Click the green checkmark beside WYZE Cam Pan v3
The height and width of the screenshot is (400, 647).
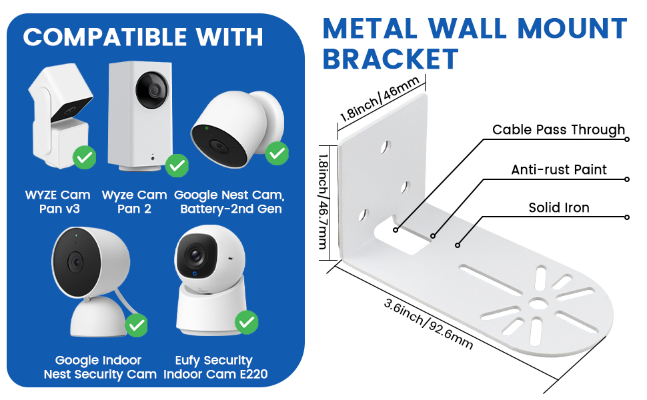pyautogui.click(x=85, y=157)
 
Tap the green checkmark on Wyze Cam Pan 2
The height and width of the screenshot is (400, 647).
pyautogui.click(x=177, y=165)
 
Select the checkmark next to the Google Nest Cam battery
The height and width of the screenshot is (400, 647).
pyautogui.click(x=277, y=153)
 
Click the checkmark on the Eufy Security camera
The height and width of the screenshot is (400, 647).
pyautogui.click(x=247, y=322)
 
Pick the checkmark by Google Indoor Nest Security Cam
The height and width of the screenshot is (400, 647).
pyautogui.click(x=136, y=325)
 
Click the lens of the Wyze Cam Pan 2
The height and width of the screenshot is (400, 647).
pyautogui.click(x=153, y=90)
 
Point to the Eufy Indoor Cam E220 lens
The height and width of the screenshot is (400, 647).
pyautogui.click(x=195, y=256)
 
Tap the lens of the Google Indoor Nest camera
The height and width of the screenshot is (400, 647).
pyautogui.click(x=75, y=262)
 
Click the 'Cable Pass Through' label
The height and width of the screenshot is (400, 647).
pyautogui.click(x=559, y=130)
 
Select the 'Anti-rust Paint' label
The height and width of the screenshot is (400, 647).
pyautogui.click(x=559, y=169)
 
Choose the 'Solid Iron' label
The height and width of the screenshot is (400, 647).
pyautogui.click(x=559, y=207)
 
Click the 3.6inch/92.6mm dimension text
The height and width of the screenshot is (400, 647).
pyautogui.click(x=428, y=324)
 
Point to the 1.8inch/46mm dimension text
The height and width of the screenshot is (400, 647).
pyautogui.click(x=380, y=99)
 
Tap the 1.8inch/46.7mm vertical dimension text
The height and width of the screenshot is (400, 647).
pyautogui.click(x=323, y=201)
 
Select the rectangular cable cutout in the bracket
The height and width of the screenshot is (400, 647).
pyautogui.click(x=402, y=234)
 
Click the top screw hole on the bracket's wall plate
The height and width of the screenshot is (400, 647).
pyautogui.click(x=386, y=147)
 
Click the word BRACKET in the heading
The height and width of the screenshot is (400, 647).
pyautogui.click(x=390, y=59)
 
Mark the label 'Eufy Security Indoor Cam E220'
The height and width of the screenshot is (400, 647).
pyautogui.click(x=215, y=367)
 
